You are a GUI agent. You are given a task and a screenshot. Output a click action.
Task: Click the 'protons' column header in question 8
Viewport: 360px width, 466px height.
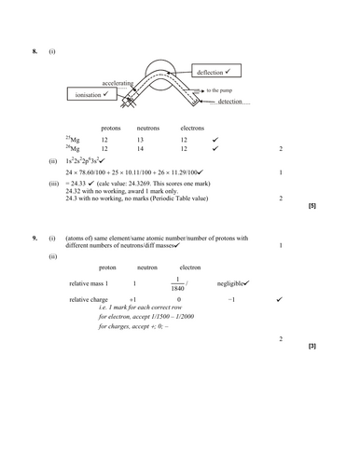point(111,128)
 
